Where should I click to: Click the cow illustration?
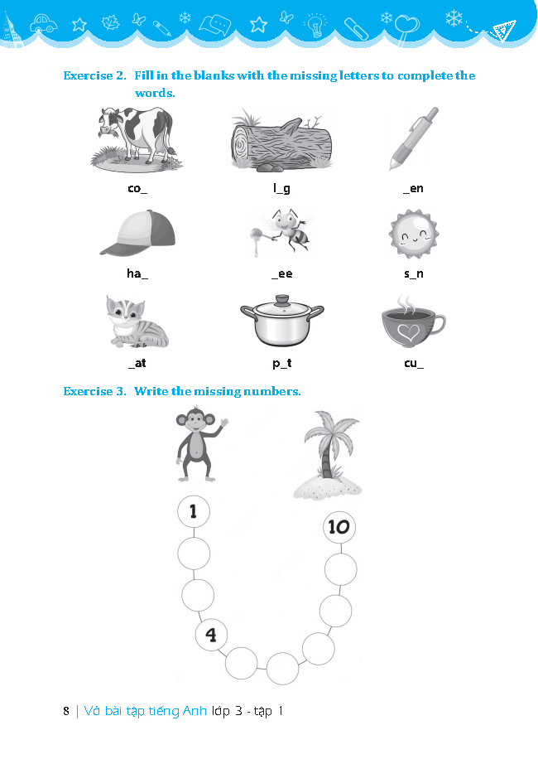coord(137,139)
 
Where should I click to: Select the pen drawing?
coord(414,138)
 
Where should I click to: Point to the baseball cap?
coord(137,233)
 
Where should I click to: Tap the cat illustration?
coord(137,322)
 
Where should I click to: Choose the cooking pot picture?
coord(282,321)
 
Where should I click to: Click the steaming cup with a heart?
coord(413,322)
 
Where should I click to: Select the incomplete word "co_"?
coord(137,189)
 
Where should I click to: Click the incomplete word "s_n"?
coord(414,273)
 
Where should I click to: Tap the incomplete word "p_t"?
coord(282,364)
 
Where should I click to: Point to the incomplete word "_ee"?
coord(282,273)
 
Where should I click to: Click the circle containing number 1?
coord(194,511)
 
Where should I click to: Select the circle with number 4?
coord(211,635)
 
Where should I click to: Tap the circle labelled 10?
coord(339,527)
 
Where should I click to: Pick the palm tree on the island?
coord(329,455)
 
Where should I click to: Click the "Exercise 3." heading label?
coord(94,391)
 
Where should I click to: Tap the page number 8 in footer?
coord(66,711)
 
